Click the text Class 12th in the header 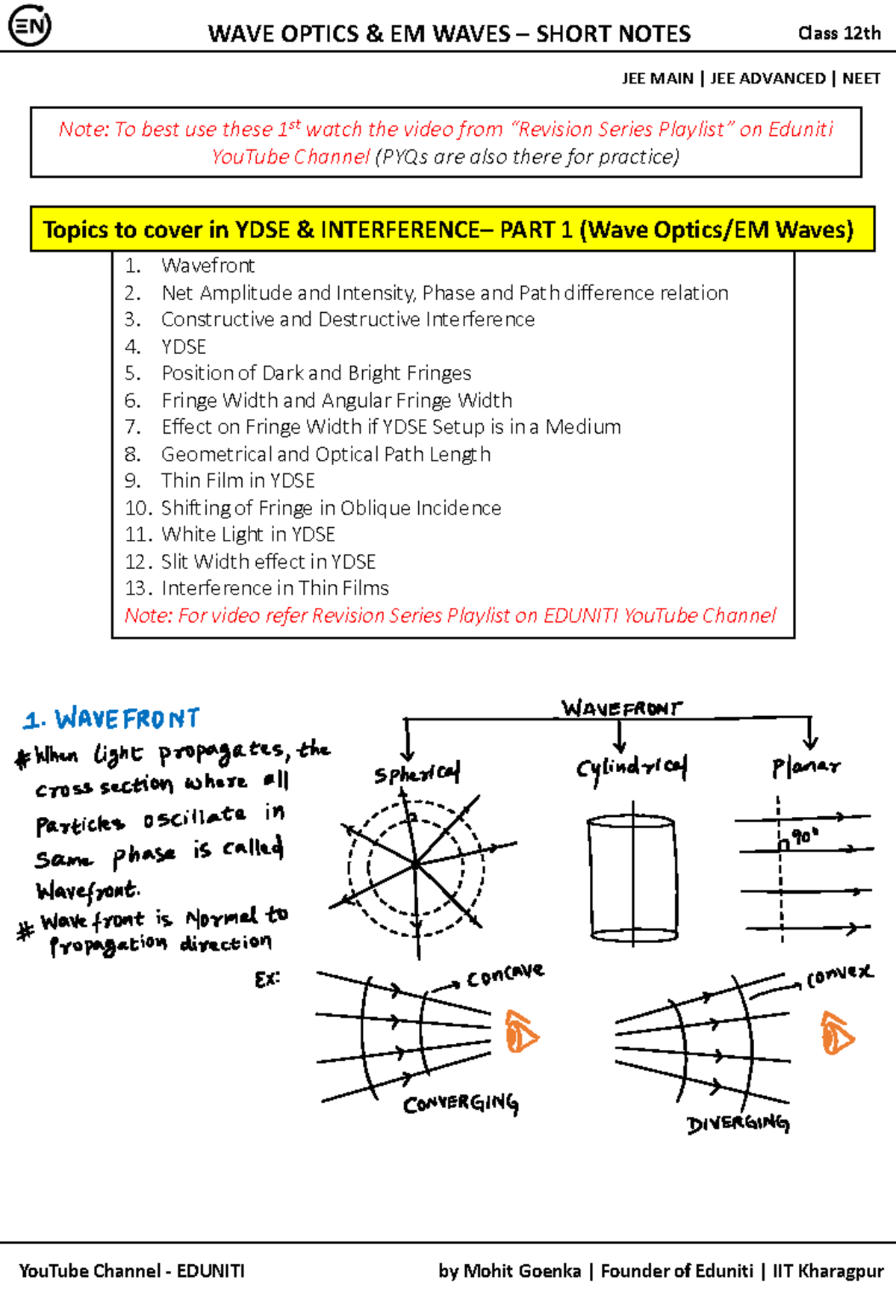(x=839, y=33)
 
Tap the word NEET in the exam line (x=861, y=78)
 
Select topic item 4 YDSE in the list (x=184, y=346)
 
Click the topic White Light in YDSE (x=248, y=535)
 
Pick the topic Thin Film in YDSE (x=238, y=481)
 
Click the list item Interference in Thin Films (x=275, y=588)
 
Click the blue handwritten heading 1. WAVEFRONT (x=112, y=719)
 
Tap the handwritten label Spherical (x=417, y=774)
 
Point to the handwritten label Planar (x=806, y=767)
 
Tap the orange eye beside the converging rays (x=521, y=1033)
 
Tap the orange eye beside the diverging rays (x=837, y=1033)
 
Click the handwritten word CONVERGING (x=461, y=1104)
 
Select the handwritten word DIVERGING (x=737, y=1124)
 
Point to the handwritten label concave (x=505, y=975)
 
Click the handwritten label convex (x=839, y=974)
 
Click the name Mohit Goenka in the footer (x=521, y=1271)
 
